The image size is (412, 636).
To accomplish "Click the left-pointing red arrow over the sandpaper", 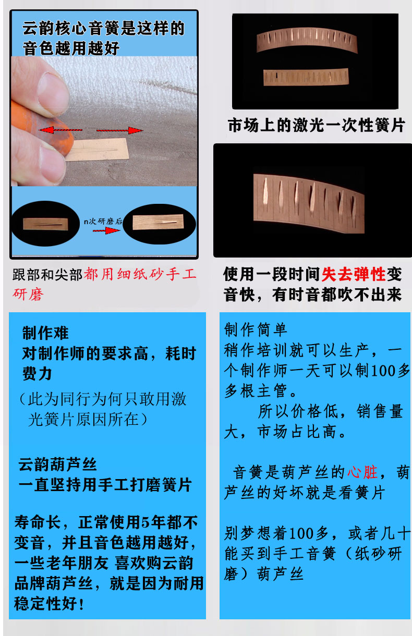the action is pos(60,130).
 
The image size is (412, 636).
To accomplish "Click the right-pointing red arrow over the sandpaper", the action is pos(119,130).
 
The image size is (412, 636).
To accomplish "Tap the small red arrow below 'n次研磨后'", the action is pos(106,230).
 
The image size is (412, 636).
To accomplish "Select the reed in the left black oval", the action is pos(45,224).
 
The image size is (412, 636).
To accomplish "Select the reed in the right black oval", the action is pos(158,222).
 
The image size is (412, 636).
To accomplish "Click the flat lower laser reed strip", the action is pos(306,77).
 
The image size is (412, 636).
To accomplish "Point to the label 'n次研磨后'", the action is pos(103,221).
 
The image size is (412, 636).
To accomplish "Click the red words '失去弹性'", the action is pos(354,275).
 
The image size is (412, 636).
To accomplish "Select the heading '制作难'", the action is pos(45,333).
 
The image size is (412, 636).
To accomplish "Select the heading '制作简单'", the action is pos(256,329).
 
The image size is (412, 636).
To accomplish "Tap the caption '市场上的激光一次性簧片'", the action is pos(316,125).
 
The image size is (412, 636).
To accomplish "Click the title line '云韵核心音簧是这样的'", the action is pos(104,28).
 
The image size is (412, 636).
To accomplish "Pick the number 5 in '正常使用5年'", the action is pos(145,522).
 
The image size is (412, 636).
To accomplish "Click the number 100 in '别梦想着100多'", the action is pos(302,533).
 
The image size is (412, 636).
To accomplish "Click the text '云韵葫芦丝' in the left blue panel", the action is pos(58,465).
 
